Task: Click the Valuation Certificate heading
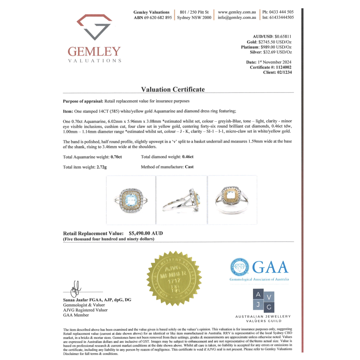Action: [x=173, y=89]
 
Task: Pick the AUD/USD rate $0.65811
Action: [x=283, y=36]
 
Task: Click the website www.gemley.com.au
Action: [x=237, y=12]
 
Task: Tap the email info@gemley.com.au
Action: [x=237, y=17]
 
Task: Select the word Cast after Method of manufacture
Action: [x=189, y=167]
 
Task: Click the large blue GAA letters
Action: [x=270, y=267]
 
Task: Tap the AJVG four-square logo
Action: [x=263, y=301]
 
